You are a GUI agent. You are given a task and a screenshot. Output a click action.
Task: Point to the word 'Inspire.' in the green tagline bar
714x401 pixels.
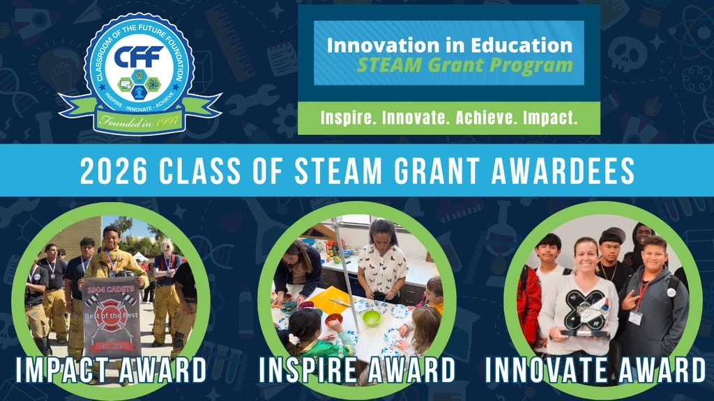click(346, 118)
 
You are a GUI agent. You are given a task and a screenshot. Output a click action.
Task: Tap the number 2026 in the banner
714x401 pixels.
click(110, 171)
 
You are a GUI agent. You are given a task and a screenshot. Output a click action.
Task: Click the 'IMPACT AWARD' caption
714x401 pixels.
click(112, 370)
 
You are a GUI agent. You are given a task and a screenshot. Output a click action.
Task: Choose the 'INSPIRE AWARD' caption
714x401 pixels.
click(356, 370)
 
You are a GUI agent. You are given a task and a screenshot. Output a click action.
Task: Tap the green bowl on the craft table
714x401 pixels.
click(372, 318)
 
